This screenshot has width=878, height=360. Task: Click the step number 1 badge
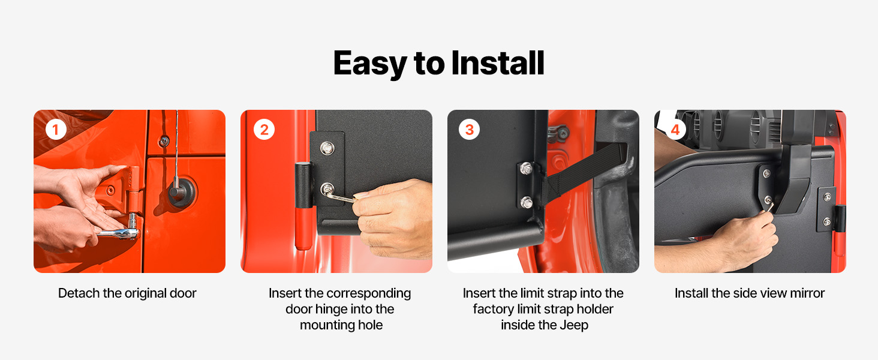[x=56, y=130]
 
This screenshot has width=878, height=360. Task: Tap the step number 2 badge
[x=264, y=130]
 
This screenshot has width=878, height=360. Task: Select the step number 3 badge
[x=469, y=130]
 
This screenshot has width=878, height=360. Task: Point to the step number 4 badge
[x=675, y=130]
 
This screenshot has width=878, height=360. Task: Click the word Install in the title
[x=497, y=63]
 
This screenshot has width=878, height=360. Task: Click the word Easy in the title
[x=370, y=64]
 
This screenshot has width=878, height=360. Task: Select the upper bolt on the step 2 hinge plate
[x=327, y=148]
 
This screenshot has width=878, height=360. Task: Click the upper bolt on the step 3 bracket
[x=526, y=169]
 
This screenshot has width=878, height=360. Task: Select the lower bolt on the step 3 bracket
[x=526, y=202]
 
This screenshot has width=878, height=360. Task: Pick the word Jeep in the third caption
[x=574, y=325]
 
